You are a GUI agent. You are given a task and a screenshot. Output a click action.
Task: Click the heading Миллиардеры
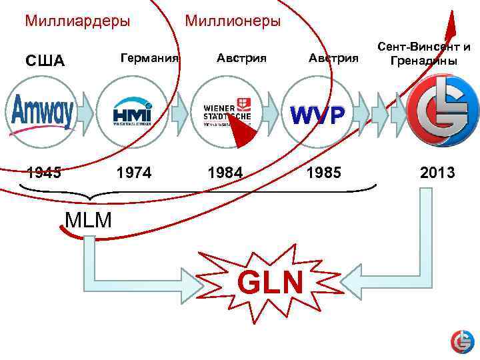[77, 21]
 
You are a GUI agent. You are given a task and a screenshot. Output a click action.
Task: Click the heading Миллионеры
[233, 21]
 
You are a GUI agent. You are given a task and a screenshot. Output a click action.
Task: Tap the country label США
[45, 62]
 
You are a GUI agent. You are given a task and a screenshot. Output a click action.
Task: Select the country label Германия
[149, 58]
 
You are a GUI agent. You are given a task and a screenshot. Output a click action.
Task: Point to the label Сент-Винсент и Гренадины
[424, 54]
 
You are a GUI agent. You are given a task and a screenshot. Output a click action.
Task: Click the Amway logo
[43, 112]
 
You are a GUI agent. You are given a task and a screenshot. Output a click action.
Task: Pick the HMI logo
[132, 111]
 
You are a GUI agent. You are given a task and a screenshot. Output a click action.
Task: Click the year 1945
[45, 173]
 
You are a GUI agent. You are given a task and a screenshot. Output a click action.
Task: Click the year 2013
[437, 173]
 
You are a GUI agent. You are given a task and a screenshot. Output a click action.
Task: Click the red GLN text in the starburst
[271, 283]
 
